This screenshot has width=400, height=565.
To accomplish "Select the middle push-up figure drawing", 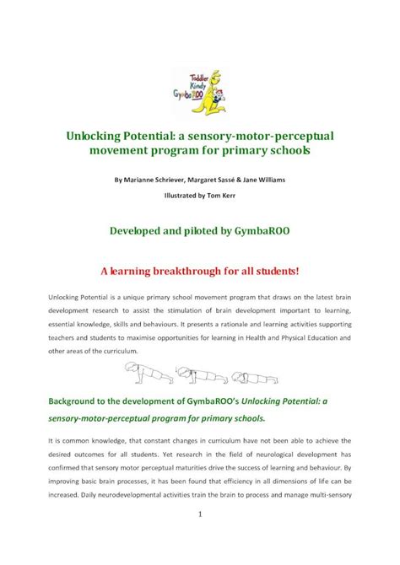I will pyautogui.click(x=196, y=371).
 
